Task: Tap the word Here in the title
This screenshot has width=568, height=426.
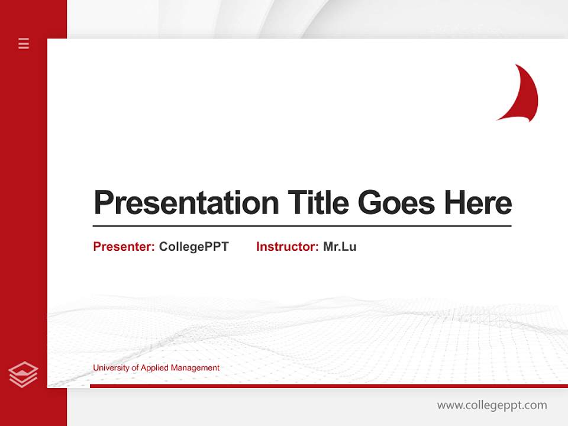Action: click(x=478, y=203)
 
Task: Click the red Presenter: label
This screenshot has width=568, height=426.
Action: click(x=124, y=247)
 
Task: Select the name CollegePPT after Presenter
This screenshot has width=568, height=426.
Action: click(x=193, y=247)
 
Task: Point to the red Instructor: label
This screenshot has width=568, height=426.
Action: click(x=288, y=247)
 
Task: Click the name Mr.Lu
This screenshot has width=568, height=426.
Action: click(x=340, y=247)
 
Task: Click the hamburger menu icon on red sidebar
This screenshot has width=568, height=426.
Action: click(x=24, y=43)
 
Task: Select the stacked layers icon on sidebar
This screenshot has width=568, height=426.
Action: click(x=24, y=374)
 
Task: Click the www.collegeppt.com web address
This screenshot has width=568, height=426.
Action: click(x=492, y=405)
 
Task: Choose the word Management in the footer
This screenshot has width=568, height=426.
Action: click(x=195, y=368)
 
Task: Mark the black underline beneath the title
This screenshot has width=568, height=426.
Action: click(x=302, y=225)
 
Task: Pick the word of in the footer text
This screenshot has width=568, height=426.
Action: click(x=135, y=368)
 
